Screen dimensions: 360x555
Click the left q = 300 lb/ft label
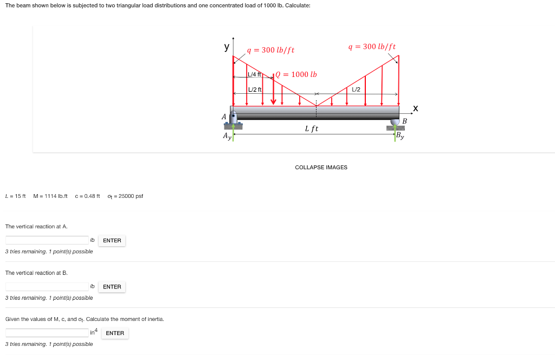270,50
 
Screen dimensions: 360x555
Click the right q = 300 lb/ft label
372,47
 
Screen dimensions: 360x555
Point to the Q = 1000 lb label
296,74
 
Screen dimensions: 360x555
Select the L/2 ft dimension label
255,89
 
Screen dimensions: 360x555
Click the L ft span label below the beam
312,128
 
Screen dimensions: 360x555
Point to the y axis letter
227,47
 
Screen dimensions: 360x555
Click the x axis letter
415,109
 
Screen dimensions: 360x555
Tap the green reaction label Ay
227,137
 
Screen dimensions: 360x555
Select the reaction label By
400,136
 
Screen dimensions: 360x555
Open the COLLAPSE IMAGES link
321,167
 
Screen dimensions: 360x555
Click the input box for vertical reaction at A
47,240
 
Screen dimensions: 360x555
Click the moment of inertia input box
47,333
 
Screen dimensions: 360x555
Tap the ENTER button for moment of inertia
115,333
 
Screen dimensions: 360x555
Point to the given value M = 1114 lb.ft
50,196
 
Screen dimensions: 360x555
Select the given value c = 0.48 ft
87,196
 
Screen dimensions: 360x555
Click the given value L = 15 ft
15,196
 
